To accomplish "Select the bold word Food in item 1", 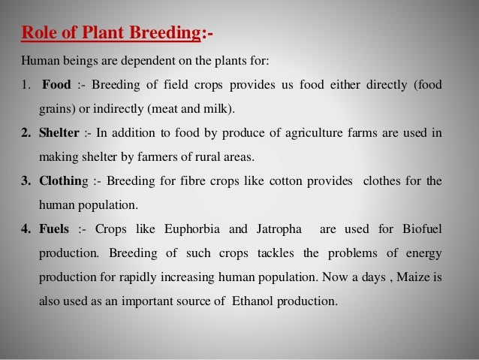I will coord(56,84).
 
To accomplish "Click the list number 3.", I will coord(25,181).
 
